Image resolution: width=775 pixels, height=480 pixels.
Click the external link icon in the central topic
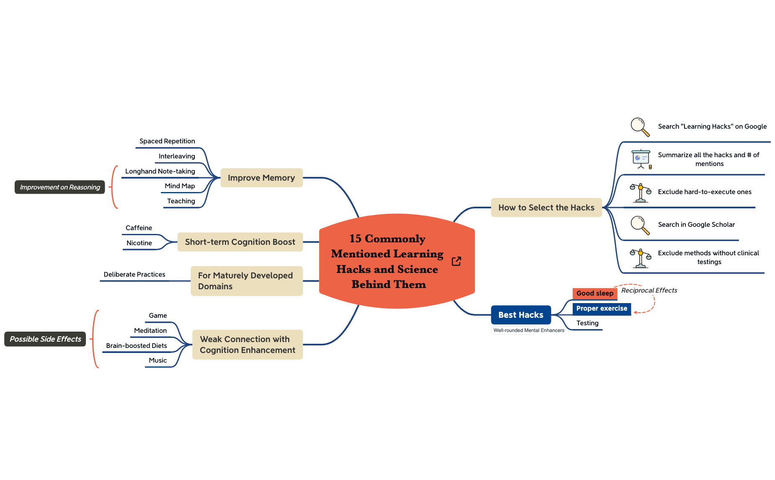(x=457, y=261)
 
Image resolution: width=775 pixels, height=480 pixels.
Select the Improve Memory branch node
(x=261, y=178)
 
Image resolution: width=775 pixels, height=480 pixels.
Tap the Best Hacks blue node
(x=521, y=315)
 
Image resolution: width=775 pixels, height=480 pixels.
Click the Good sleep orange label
(x=594, y=293)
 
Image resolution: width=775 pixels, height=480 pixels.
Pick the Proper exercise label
(x=602, y=309)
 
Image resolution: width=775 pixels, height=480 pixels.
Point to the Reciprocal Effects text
(x=649, y=290)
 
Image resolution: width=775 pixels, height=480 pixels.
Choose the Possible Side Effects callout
(x=45, y=339)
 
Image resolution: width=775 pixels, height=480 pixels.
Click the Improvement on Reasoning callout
(x=60, y=187)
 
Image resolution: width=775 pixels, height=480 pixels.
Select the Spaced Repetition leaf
(x=167, y=141)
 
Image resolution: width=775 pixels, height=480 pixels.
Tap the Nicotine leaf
(x=139, y=243)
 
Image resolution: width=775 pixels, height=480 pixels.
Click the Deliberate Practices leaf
(x=134, y=275)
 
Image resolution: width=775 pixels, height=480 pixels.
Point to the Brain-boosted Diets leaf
(x=137, y=346)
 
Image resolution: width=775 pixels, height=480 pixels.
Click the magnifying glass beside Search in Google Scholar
(x=640, y=225)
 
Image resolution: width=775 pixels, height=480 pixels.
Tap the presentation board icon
(x=641, y=159)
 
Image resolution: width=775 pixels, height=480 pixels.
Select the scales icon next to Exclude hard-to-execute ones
(x=641, y=192)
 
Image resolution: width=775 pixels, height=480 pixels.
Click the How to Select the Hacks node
(x=546, y=208)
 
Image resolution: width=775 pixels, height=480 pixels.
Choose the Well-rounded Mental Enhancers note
(x=529, y=330)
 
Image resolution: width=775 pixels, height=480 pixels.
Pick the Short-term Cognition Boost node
(x=240, y=242)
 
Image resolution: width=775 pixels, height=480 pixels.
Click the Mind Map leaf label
(x=180, y=186)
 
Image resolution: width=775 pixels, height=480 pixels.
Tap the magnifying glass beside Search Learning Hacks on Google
(x=640, y=127)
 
